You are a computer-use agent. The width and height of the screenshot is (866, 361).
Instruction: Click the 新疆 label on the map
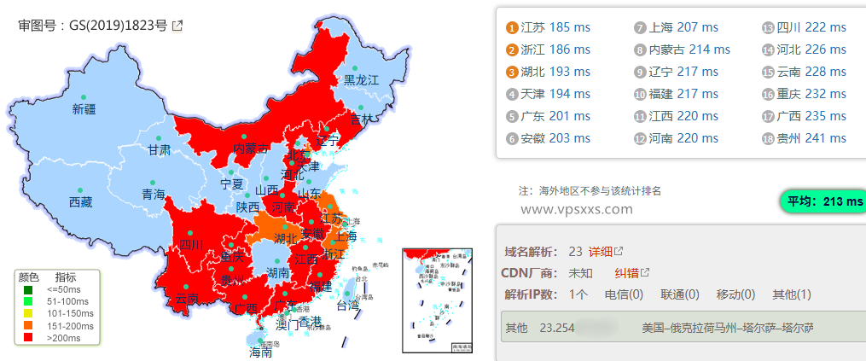pos(84,108)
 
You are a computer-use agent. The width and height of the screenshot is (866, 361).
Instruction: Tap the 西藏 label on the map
pos(81,202)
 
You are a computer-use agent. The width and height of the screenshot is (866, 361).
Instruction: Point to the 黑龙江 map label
pos(360,80)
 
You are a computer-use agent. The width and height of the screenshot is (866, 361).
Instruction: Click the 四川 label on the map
pos(191,245)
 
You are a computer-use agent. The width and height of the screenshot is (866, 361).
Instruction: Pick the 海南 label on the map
pos(259,351)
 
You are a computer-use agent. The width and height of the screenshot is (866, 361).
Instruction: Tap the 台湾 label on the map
pos(348,305)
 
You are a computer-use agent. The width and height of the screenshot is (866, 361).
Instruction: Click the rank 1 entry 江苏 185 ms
pos(555,27)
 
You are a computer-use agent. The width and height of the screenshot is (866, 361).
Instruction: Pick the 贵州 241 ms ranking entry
pos(811,138)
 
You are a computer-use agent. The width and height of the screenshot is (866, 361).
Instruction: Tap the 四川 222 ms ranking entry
pos(811,27)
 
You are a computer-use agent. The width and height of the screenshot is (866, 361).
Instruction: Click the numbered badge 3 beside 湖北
pos(512,72)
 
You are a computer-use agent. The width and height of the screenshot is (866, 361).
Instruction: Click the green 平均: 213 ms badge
pos(823,201)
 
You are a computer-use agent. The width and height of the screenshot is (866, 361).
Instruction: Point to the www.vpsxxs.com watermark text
pos(576,208)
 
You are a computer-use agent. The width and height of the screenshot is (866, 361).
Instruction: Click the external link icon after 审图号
pos(177,26)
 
